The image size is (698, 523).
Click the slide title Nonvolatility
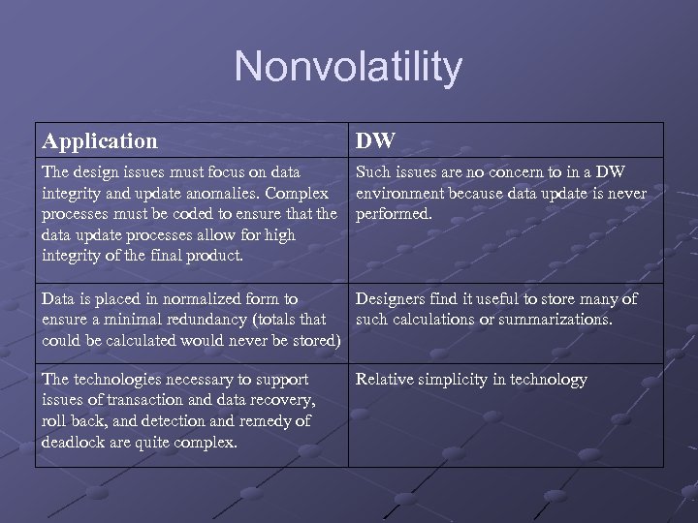[348, 67]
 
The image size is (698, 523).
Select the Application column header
[100, 141]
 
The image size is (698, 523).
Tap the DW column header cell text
[375, 141]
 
